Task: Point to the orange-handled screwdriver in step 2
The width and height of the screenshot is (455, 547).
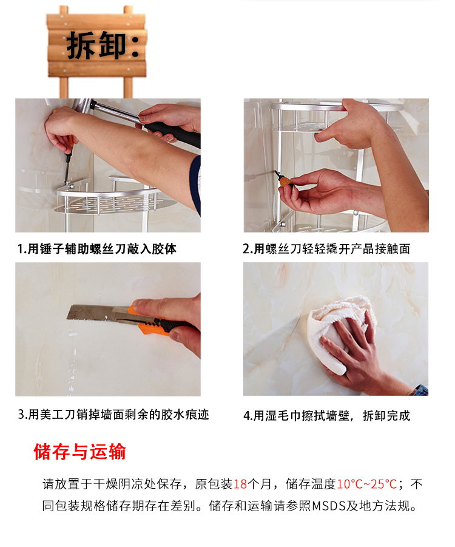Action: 285,180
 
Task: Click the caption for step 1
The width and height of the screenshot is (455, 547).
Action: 97,249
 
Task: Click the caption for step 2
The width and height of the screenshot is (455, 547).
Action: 326,249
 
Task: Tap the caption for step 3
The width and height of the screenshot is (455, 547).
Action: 113,415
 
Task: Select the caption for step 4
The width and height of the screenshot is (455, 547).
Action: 327,416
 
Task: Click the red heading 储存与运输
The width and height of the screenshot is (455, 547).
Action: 79,452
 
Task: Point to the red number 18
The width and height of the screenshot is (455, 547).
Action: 240,484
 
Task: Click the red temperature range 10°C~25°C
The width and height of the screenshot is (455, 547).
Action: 367,484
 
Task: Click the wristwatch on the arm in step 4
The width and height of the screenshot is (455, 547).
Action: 421,390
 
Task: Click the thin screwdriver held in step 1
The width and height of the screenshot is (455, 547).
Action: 69,160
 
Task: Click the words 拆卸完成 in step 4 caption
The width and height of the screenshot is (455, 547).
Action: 386,416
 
